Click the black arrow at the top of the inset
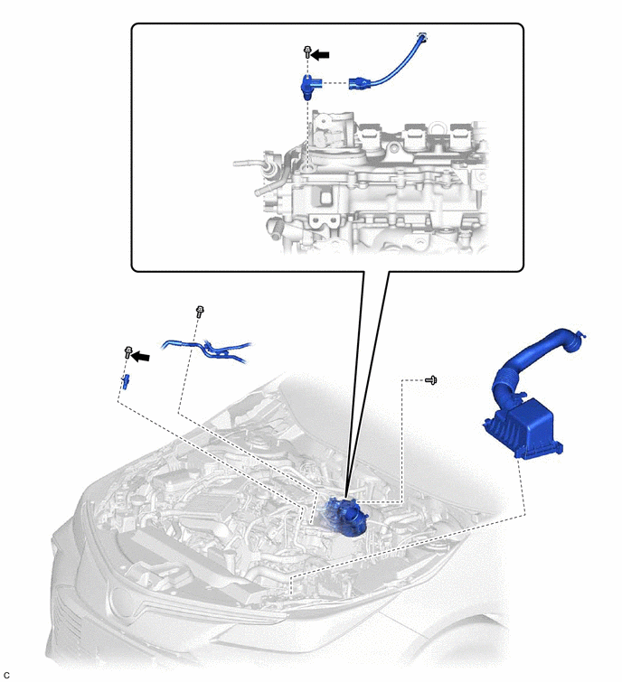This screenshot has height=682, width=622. coord(321,54)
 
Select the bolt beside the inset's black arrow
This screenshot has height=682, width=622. coord(307,52)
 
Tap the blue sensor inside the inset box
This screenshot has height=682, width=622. coord(311,86)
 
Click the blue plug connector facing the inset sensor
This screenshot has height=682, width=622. coord(359,83)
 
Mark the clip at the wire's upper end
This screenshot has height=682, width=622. coord(422,36)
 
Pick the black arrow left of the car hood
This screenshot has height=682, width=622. coord(141,357)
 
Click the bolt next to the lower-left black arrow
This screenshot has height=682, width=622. coord(128,352)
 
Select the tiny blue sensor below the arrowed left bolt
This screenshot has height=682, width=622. coord(126,381)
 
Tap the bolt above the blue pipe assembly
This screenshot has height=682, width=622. coord(200,312)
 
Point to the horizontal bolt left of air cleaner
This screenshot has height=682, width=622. coord(431,380)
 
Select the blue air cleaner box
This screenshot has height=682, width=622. coord(523,428)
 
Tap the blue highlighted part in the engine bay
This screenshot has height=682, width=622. coord(344,518)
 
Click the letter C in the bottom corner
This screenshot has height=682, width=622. coord(6,675)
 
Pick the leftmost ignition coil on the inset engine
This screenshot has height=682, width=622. coord(371,135)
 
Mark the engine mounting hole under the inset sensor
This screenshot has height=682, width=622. coord(308,167)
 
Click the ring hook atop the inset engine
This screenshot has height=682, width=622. coord(437,127)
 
